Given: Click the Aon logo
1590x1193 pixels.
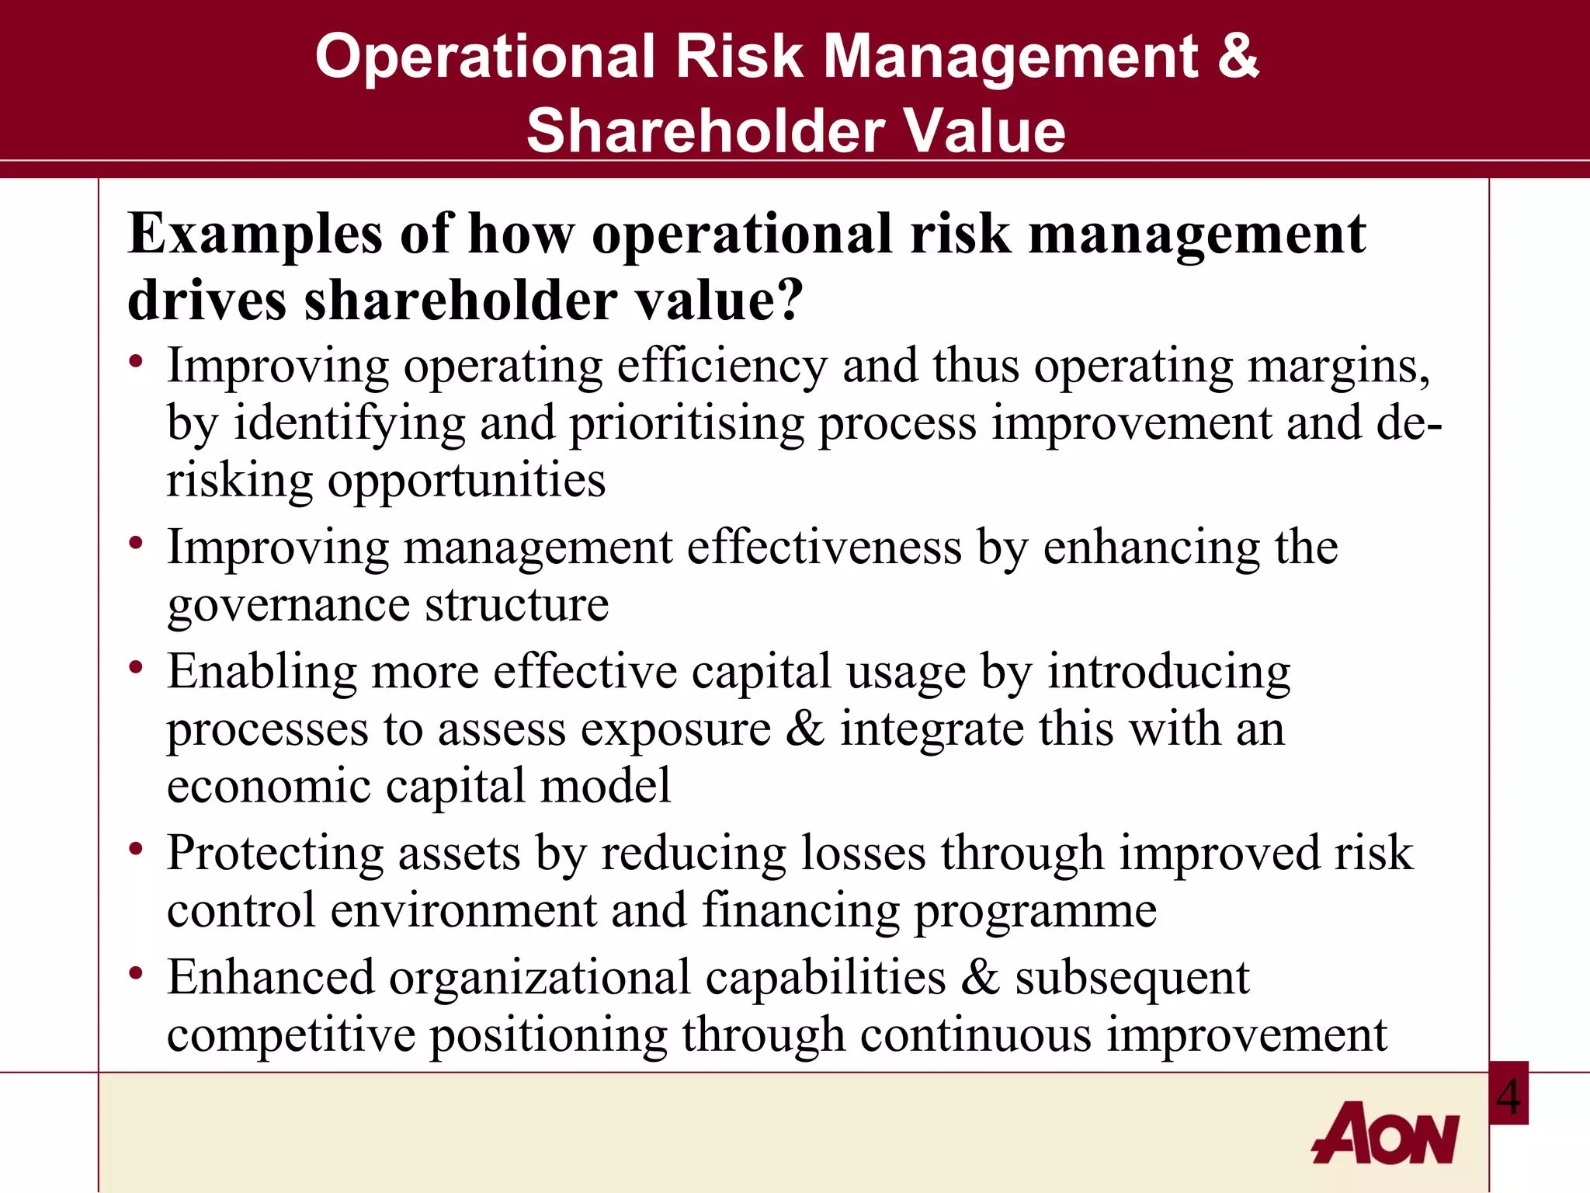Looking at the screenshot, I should (x=1385, y=1133).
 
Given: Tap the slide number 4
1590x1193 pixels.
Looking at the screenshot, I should (x=1508, y=1096).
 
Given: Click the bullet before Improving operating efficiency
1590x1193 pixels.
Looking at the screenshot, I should (x=137, y=362).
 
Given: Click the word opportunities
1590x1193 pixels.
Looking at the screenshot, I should (x=466, y=482).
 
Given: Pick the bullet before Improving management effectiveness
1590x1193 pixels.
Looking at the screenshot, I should (x=137, y=543).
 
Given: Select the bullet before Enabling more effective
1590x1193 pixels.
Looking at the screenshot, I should (x=137, y=667).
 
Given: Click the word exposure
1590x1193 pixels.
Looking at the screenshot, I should (x=675, y=731).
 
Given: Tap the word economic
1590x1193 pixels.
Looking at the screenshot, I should (x=269, y=786).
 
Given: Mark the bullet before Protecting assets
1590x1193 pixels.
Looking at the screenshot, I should (x=137, y=849).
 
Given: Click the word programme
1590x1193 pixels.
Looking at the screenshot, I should (x=1035, y=912).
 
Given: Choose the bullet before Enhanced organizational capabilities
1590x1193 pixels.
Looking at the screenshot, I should (x=137, y=973).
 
